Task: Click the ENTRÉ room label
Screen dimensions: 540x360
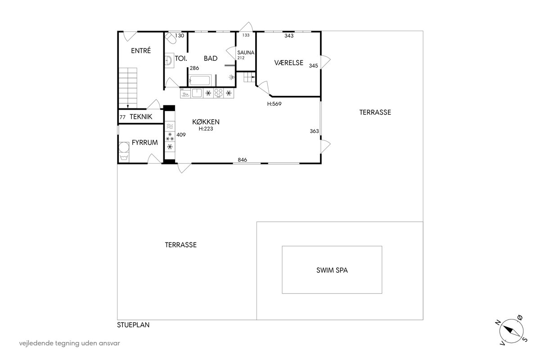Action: pyautogui.click(x=141, y=50)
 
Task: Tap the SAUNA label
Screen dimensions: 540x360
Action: pyautogui.click(x=246, y=53)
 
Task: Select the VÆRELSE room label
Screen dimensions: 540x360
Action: pyautogui.click(x=288, y=63)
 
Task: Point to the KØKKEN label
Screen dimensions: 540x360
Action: pyautogui.click(x=206, y=122)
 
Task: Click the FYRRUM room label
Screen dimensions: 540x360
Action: pyautogui.click(x=144, y=143)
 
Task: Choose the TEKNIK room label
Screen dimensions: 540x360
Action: pyautogui.click(x=141, y=117)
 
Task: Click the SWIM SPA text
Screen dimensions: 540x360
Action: pyautogui.click(x=332, y=270)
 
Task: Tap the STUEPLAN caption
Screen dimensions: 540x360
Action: pyautogui.click(x=133, y=325)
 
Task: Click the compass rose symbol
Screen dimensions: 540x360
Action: pyautogui.click(x=511, y=331)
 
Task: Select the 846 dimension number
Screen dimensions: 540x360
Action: pyautogui.click(x=242, y=160)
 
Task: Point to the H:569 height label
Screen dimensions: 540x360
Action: pyautogui.click(x=274, y=104)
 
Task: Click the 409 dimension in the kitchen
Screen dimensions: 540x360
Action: pyautogui.click(x=181, y=135)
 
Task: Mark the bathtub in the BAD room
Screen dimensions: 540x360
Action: pyautogui.click(x=200, y=80)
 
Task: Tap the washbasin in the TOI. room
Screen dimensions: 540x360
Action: pyautogui.click(x=169, y=60)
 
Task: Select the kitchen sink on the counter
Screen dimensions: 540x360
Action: pyautogui.click(x=197, y=93)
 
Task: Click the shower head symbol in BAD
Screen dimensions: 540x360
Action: pyautogui.click(x=232, y=77)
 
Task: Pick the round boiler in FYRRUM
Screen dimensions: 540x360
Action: pyautogui.click(x=124, y=147)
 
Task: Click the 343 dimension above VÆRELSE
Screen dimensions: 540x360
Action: pyautogui.click(x=289, y=36)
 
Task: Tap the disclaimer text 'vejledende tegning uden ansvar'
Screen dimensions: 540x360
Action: pyautogui.click(x=69, y=343)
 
